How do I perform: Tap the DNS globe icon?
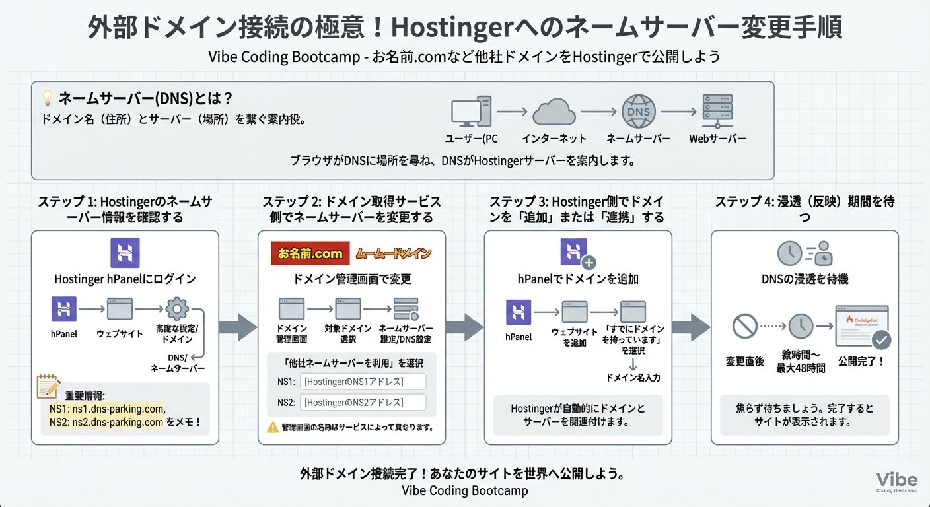[638, 113]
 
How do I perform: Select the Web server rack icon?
[717, 112]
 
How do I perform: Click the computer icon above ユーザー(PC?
[471, 112]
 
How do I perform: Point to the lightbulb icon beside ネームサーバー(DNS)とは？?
[48, 98]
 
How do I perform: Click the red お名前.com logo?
[310, 253]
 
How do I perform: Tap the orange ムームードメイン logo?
[393, 253]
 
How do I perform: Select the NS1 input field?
[363, 382]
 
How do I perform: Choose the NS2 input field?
[363, 402]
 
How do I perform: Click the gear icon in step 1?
[177, 309]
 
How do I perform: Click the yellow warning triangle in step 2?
[272, 427]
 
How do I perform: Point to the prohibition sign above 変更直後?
[744, 326]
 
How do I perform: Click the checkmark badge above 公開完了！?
[881, 341]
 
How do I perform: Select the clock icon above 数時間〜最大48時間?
[801, 326]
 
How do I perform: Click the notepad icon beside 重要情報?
[48, 386]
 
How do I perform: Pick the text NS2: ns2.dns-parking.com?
[106, 422]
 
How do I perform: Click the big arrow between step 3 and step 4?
[691, 327]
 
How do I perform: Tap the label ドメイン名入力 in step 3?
[633, 378]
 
